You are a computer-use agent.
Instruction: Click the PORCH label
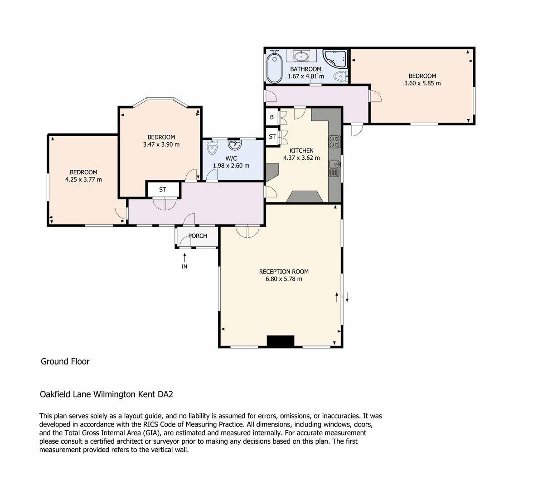198,236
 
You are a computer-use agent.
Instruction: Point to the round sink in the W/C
235,145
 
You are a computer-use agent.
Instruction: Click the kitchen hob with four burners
334,142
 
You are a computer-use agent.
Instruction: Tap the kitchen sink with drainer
334,168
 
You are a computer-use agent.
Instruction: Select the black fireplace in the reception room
281,341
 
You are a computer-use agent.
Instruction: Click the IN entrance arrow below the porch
184,260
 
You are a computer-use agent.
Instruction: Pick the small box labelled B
272,117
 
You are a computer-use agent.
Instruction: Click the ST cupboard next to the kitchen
272,136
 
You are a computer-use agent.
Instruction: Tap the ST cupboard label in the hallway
163,190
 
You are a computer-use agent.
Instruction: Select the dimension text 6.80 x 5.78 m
284,279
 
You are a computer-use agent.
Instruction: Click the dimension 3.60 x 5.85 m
422,83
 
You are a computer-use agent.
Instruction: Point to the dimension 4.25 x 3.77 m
83,179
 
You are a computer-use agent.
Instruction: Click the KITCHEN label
301,150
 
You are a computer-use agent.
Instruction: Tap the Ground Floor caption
65,361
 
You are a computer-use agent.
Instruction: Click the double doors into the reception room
247,231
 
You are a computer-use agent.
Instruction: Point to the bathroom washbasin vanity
301,56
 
